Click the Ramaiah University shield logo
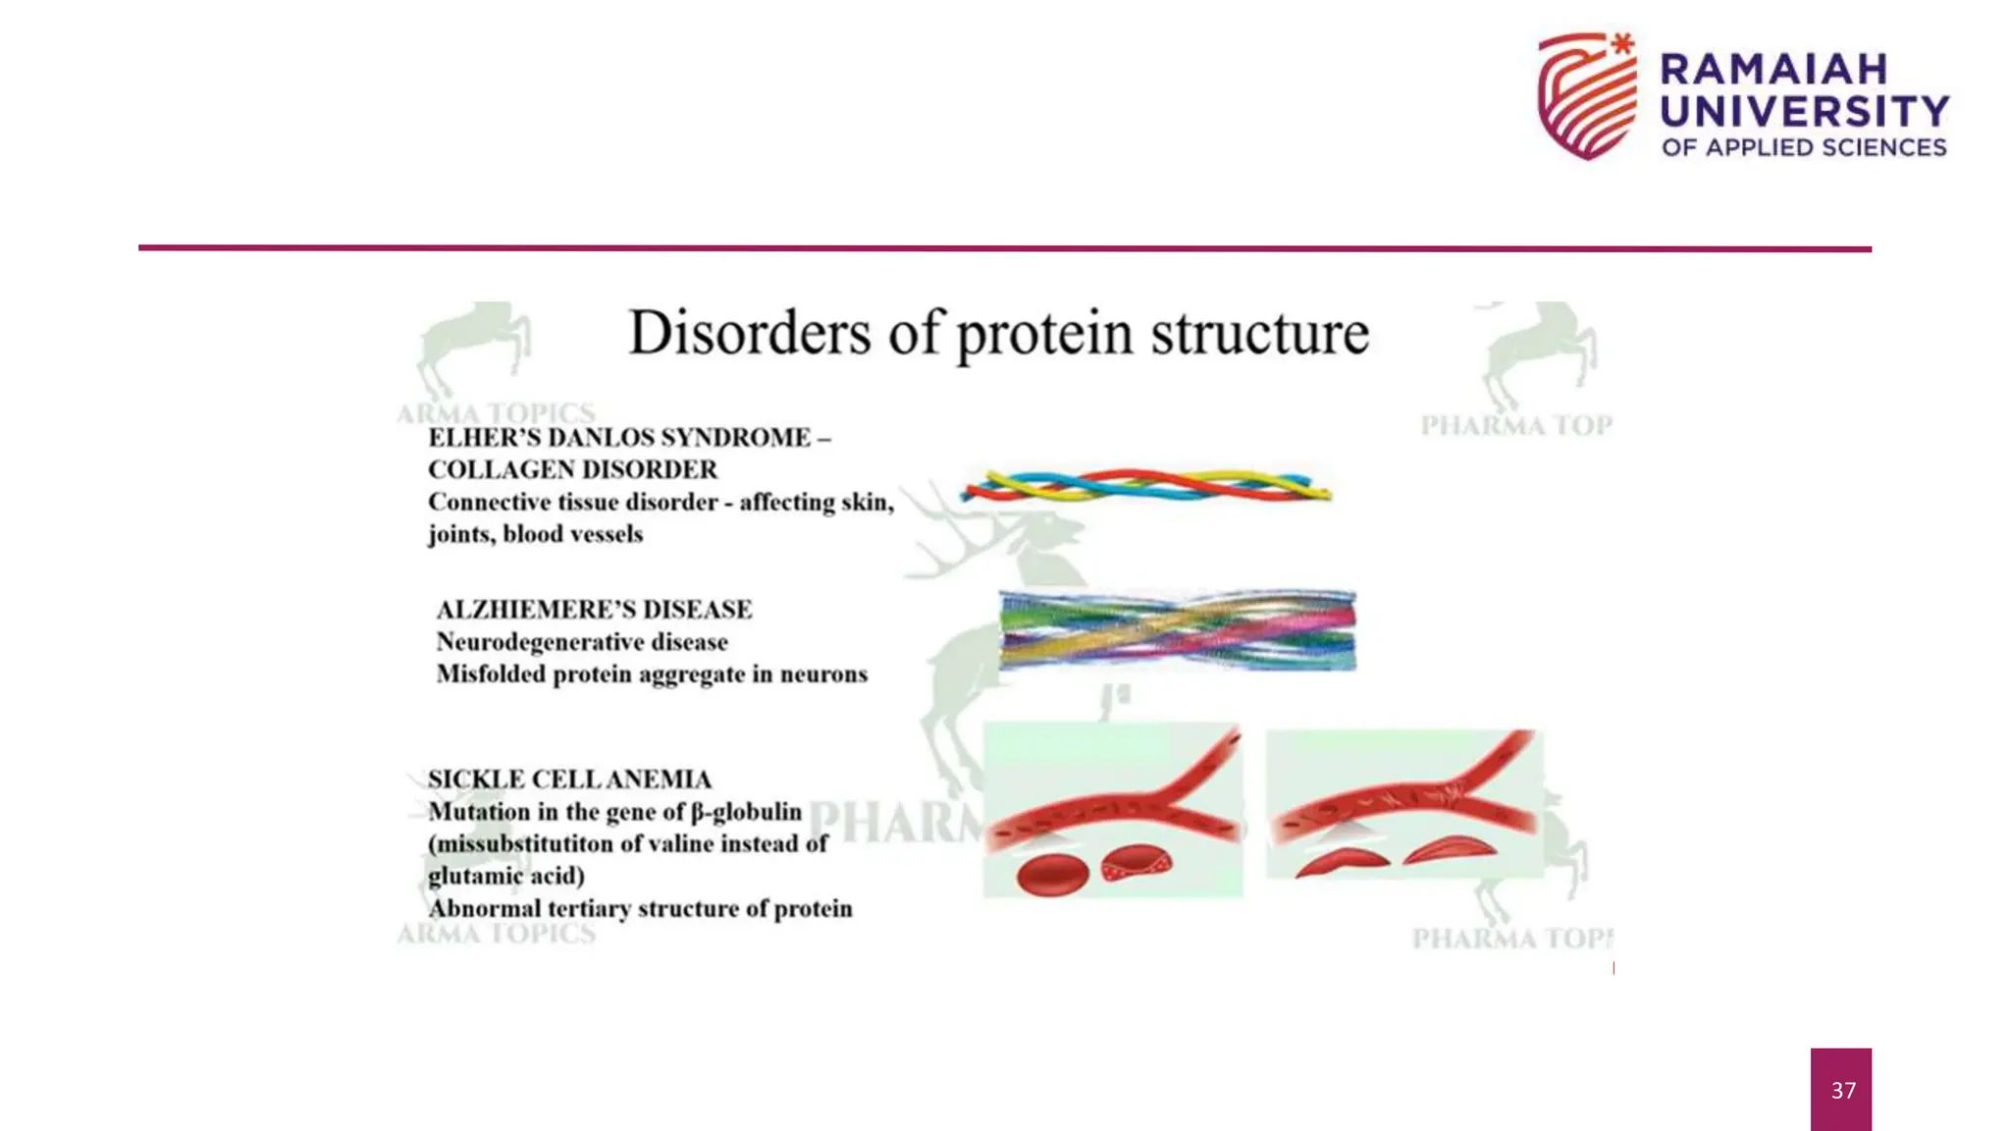coord(1587,96)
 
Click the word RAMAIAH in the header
coord(1773,70)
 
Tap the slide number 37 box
coord(1841,1089)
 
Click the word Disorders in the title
coord(749,333)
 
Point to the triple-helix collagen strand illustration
coord(1145,486)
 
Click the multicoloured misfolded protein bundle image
coord(1177,630)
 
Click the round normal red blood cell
coord(1052,874)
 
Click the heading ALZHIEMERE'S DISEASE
coord(594,610)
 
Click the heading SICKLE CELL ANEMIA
coord(569,780)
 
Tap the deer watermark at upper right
coord(1538,353)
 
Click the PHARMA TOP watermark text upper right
coord(1516,425)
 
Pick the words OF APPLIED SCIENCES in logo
coord(1804,147)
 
